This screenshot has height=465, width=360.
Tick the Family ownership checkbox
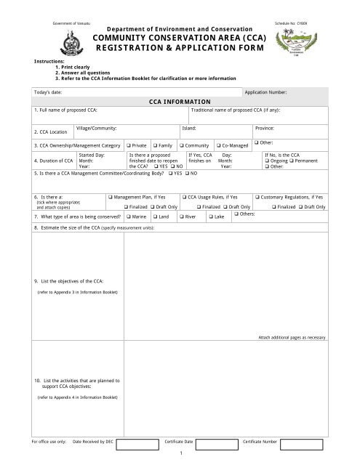(x=154, y=146)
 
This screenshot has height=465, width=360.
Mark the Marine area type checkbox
(x=128, y=217)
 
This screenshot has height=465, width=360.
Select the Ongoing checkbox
(x=267, y=161)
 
